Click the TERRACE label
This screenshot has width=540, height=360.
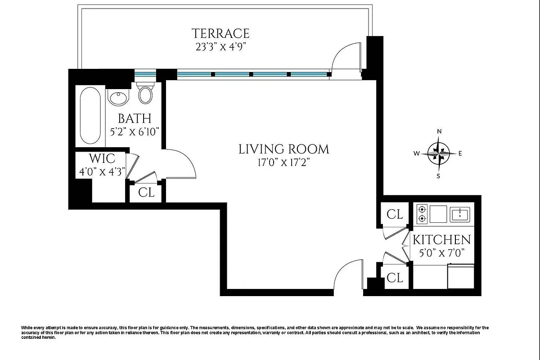click(x=220, y=33)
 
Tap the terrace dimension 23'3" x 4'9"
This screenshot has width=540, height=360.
click(x=220, y=46)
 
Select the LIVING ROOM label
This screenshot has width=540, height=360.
click(x=283, y=149)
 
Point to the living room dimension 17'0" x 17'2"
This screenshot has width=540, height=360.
click(x=283, y=162)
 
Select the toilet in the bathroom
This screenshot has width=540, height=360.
click(x=145, y=93)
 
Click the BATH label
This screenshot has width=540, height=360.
click(x=135, y=119)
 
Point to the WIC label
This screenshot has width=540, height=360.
click(x=102, y=158)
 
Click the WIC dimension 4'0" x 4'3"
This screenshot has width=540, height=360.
click(x=102, y=171)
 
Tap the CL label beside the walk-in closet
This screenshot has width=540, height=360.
click(x=146, y=193)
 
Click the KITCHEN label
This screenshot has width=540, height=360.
click(x=442, y=240)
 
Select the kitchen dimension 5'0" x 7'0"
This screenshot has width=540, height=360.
click(x=442, y=253)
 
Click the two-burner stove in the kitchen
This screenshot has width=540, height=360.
click(x=422, y=214)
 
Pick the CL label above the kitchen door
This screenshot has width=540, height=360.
click(x=395, y=215)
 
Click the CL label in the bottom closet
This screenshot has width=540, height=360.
click(x=395, y=278)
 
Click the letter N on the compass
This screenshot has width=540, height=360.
click(x=439, y=131)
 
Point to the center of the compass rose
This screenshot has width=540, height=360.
click(x=439, y=153)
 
